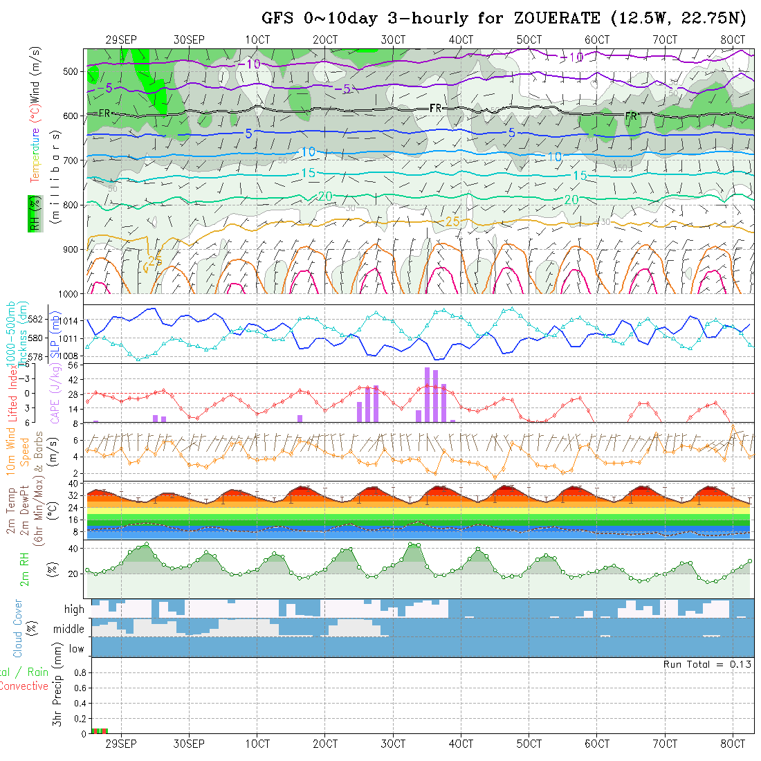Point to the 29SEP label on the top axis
tap(121, 40)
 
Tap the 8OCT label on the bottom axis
tap(733, 744)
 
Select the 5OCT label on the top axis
tap(529, 40)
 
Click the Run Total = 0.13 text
tap(707, 664)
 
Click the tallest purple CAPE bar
tap(428, 394)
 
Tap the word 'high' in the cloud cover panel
tap(74, 609)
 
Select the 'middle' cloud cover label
tap(68, 629)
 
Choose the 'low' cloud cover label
tap(76, 649)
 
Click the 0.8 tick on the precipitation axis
tap(79, 672)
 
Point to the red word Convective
tap(24, 686)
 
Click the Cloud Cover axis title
tap(17, 628)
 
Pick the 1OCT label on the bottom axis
tap(257, 744)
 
